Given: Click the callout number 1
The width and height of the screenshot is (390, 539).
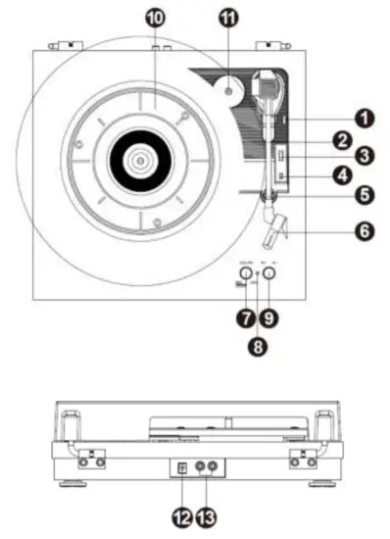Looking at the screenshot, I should (365, 119).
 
